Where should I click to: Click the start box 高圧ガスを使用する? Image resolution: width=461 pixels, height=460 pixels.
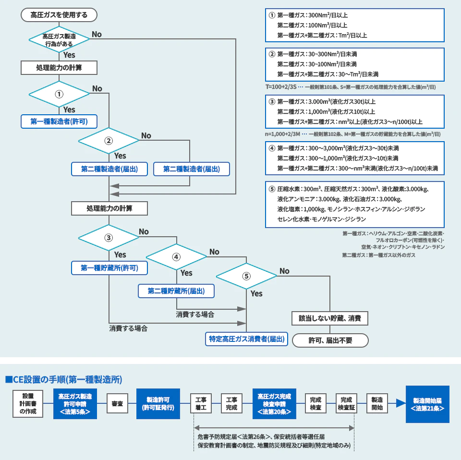coord(59,15)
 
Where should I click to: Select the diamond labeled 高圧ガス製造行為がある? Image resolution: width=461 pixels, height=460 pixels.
coord(59,39)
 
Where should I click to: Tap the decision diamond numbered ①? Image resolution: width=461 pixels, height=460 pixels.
coord(59,94)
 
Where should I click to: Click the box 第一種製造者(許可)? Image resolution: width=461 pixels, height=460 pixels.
coord(59,121)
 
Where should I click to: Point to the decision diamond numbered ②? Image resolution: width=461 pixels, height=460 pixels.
coord(109,141)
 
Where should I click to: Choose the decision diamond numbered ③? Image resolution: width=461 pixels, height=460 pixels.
coord(109,237)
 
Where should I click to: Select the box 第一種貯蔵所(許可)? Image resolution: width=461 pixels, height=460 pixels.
coord(109,268)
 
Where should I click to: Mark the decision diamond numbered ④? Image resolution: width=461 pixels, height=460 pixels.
coord(176,256)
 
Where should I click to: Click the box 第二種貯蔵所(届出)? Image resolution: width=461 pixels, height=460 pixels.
coord(176,291)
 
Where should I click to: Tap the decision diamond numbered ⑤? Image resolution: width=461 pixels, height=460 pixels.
coord(246,276)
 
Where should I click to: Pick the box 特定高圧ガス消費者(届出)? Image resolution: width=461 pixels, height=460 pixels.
coord(246,339)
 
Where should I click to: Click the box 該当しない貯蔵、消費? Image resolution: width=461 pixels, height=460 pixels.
coord(330,318)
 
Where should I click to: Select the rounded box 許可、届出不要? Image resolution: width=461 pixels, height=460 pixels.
coord(330,340)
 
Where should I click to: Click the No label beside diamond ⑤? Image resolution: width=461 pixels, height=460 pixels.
coord(284,271)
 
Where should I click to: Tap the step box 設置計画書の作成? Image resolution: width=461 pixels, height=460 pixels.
coord(28,404)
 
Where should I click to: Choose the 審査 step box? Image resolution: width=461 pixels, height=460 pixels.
coord(117,404)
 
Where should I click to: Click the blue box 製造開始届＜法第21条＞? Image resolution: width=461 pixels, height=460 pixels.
coord(427,404)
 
